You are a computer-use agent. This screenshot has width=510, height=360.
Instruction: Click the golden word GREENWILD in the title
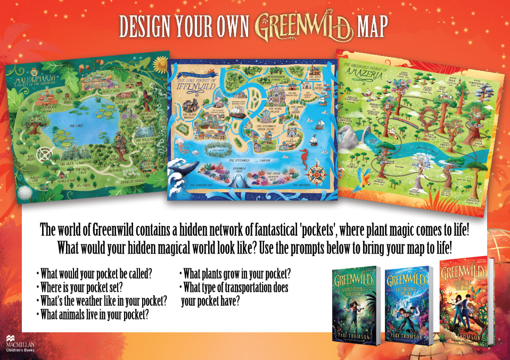pyautogui.click(x=304, y=26)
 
